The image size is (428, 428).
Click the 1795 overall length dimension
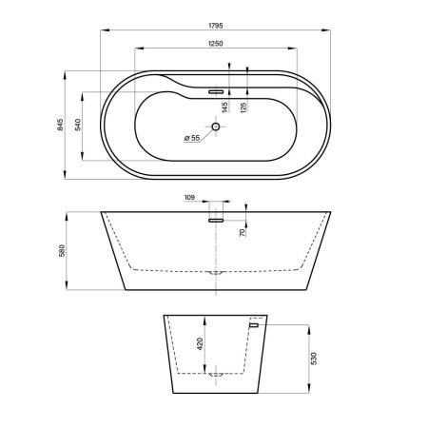[216, 26]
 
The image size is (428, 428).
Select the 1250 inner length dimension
[216, 44]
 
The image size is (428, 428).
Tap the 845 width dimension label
[60, 125]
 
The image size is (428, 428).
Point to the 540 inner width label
[78, 125]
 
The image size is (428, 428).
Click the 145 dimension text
[225, 107]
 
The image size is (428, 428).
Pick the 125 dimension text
[243, 107]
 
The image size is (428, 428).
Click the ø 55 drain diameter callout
[192, 138]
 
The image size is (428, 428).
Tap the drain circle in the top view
[216, 126]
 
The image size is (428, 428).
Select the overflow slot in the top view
[216, 92]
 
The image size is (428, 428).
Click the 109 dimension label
[189, 198]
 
